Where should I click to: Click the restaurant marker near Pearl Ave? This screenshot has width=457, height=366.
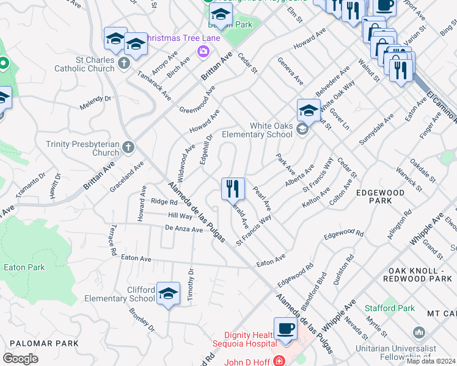(x=233, y=188)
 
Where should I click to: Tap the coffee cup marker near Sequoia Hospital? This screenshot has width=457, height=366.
(x=285, y=329)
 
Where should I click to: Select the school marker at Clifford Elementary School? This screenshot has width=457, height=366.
(x=168, y=293)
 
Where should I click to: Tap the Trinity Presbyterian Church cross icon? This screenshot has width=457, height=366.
(x=128, y=147)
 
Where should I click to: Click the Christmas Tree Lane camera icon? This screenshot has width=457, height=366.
(x=202, y=52)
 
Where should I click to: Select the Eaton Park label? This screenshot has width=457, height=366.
(x=24, y=267)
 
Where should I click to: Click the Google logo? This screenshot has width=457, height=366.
(x=20, y=358)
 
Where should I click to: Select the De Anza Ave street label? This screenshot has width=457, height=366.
(x=183, y=230)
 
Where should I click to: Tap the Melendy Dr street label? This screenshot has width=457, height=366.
(x=95, y=102)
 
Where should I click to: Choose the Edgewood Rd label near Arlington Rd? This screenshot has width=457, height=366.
(x=343, y=234)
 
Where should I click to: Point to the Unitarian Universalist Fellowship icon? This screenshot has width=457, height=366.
(x=419, y=332)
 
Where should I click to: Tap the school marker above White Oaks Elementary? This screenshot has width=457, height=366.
(x=309, y=110)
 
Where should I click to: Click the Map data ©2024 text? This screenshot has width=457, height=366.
(x=431, y=361)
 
